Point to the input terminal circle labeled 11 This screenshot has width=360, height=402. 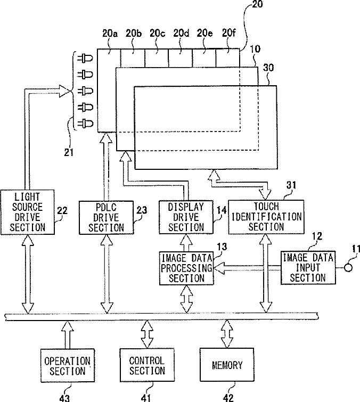pos(348,268)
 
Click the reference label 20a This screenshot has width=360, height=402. pos(110,34)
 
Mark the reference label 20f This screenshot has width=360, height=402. pos(228,33)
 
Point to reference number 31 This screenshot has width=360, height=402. pos(291,185)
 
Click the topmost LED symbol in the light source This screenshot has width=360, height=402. pos(85,58)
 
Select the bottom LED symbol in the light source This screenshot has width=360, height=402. pos(85,124)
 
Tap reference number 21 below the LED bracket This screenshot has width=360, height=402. pos(69,153)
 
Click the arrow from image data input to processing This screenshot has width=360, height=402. pos(247,268)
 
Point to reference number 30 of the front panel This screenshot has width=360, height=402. pos(268,68)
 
